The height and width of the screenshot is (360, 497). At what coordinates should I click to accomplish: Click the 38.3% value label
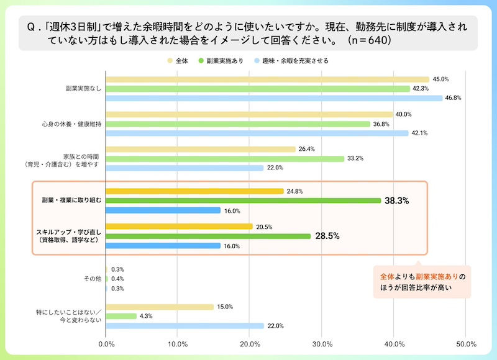(397, 201)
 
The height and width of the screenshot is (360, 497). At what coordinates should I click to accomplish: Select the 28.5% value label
(328, 236)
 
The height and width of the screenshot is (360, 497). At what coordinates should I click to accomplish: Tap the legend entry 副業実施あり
(221, 61)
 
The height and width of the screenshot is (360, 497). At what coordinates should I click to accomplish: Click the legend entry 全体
(178, 61)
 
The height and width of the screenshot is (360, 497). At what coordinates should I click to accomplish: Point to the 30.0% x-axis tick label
(322, 343)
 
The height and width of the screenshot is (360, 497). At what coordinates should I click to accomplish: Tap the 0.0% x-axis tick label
(106, 343)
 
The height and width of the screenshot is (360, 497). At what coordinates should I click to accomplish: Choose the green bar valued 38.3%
(244, 200)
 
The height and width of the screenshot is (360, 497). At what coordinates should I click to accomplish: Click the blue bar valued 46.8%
(274, 98)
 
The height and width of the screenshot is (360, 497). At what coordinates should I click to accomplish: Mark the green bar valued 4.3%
(121, 316)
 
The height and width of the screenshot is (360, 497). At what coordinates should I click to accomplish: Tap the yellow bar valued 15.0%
(160, 307)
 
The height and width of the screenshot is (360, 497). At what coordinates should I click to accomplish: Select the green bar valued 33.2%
(225, 158)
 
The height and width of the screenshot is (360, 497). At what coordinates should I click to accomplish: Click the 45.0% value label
(440, 79)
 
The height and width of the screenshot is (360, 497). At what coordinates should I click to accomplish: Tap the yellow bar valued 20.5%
(180, 226)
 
